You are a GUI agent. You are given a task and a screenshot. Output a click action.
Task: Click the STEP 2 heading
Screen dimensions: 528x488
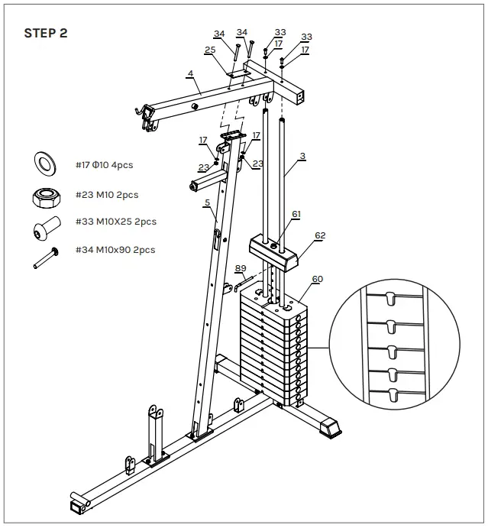(50, 33)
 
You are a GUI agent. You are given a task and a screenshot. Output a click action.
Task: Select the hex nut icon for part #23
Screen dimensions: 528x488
(46, 196)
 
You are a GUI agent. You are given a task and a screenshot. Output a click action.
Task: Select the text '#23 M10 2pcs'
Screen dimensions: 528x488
(108, 195)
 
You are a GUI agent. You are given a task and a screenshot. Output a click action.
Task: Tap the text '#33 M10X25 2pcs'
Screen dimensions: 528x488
(116, 222)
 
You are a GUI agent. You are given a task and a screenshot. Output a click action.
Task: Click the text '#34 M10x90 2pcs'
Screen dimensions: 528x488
(116, 250)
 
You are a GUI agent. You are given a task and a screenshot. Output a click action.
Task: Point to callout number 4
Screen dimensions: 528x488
(190, 75)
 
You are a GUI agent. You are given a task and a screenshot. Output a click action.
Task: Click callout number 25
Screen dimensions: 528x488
(210, 50)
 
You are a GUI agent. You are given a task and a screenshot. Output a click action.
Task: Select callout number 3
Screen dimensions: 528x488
(302, 156)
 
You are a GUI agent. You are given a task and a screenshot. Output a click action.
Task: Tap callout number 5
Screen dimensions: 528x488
(206, 203)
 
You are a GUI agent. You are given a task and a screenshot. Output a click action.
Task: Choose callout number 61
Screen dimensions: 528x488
(296, 215)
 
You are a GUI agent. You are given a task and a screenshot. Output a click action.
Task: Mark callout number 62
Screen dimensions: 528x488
(319, 235)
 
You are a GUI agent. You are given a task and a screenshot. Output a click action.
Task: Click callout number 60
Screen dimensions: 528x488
(317, 279)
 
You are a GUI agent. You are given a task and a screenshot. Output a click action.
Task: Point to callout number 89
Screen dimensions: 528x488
(241, 268)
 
